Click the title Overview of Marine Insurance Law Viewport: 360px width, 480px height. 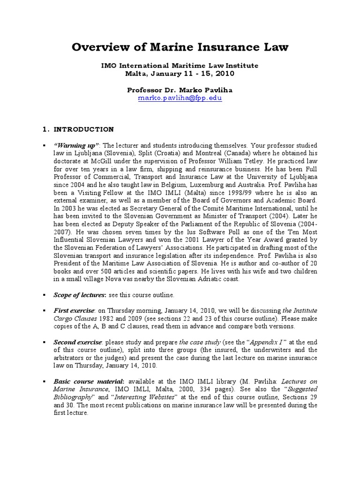180,47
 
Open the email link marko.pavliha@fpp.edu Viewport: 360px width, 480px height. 180,98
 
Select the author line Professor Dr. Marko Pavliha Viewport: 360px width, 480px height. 180,90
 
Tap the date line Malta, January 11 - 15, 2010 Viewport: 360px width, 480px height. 180,74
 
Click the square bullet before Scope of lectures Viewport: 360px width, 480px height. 44,295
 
